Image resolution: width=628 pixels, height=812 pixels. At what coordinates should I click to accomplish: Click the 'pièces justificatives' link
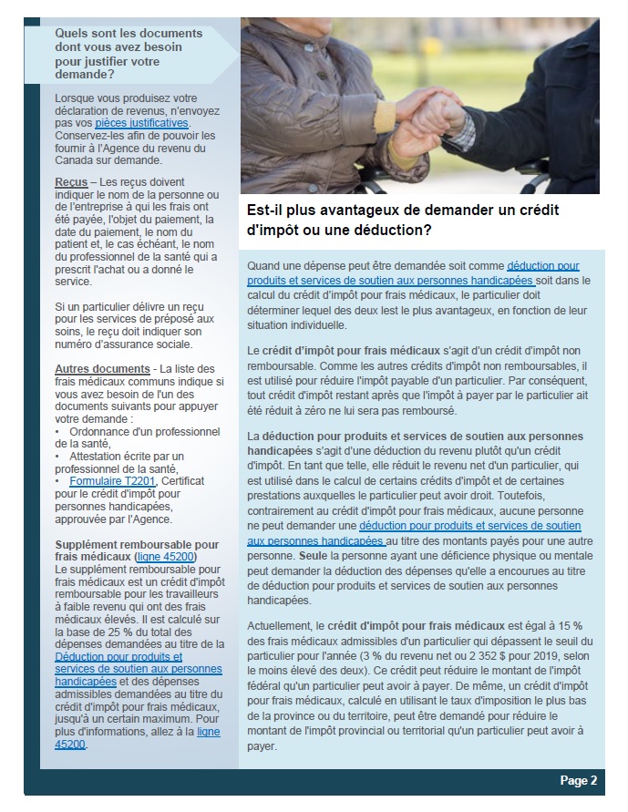141,122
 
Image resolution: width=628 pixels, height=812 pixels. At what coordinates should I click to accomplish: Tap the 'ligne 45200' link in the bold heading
165,556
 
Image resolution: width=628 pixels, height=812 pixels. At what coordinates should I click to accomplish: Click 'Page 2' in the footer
578,780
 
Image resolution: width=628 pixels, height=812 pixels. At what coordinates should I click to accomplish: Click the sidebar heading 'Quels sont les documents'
118,34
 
